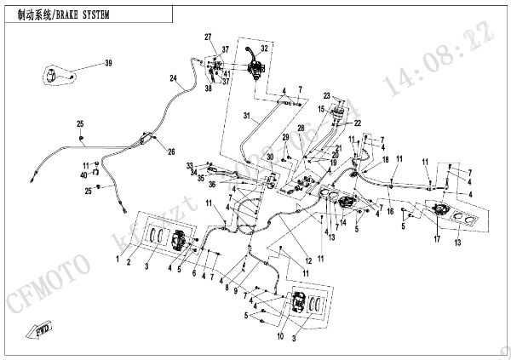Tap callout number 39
108,64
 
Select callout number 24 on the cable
173,78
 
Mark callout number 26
171,152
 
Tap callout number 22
359,123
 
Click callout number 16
390,212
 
